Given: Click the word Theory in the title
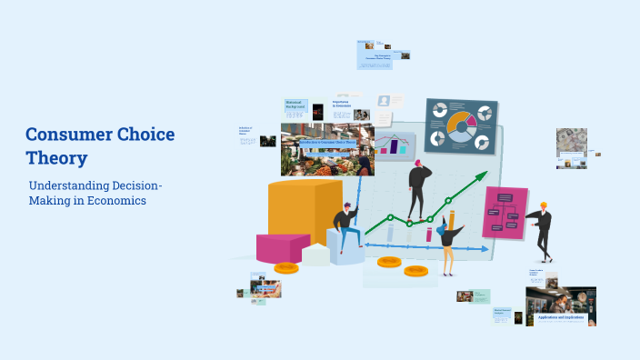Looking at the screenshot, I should [x=56, y=157].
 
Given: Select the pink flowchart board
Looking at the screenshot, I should [x=505, y=213].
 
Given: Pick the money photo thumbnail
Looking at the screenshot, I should [x=571, y=142].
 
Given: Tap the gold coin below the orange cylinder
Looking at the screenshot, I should [x=286, y=267].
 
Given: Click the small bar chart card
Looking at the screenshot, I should [x=395, y=144].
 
